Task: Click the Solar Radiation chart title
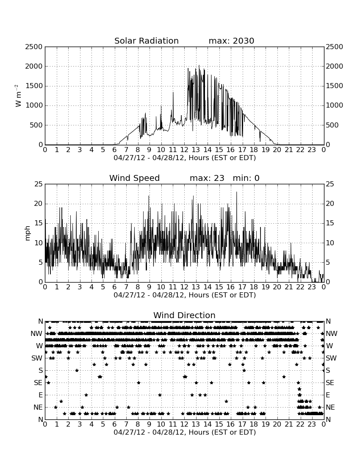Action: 147,41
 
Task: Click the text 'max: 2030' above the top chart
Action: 231,41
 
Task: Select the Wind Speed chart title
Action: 135,178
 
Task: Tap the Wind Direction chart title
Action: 184,315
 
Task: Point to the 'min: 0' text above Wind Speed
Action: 246,178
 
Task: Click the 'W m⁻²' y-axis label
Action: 18,96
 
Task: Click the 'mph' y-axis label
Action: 28,233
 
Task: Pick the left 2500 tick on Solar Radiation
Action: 34,47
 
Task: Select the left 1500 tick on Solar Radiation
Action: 34,86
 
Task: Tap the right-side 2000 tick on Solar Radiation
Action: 335,66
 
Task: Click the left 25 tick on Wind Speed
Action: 39,184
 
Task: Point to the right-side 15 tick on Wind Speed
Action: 330,223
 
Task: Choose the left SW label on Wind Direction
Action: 37,358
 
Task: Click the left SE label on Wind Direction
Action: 38,383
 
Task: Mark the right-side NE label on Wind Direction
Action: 330,407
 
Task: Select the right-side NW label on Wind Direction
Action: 332,334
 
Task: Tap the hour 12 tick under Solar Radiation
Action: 184,150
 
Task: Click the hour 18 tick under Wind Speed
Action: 254,287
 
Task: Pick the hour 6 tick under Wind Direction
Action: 115,424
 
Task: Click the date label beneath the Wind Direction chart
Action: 185,432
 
